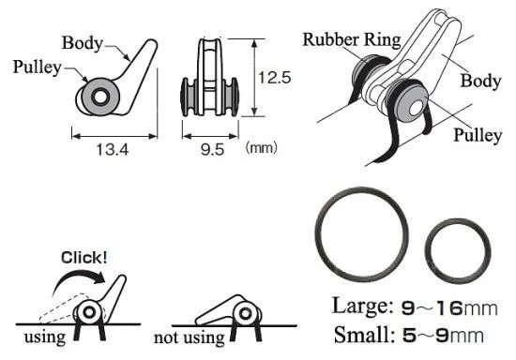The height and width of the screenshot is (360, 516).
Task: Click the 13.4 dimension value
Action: [x=113, y=150]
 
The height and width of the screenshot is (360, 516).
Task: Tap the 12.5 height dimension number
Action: [x=275, y=78]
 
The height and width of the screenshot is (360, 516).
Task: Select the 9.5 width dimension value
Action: [x=213, y=150]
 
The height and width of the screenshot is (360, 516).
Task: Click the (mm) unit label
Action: [x=262, y=147]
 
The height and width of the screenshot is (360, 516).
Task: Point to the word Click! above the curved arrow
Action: [x=83, y=258]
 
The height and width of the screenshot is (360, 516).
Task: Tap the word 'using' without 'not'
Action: [x=45, y=337]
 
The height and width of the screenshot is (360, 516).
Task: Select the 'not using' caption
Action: [x=190, y=337]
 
